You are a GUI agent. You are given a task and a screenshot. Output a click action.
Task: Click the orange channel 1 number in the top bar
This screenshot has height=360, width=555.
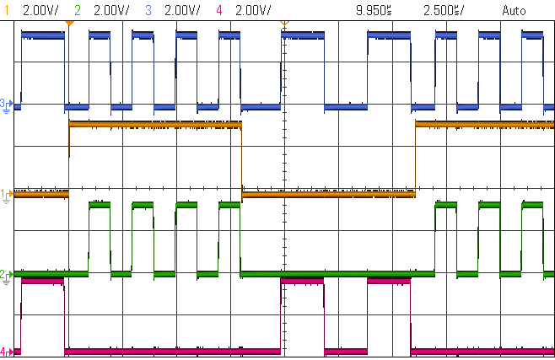pyautogui.click(x=7, y=10)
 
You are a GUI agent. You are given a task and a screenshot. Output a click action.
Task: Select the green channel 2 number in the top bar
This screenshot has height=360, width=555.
pyautogui.click(x=78, y=10)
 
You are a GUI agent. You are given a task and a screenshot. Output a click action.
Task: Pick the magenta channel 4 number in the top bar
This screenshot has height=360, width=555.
pyautogui.click(x=218, y=10)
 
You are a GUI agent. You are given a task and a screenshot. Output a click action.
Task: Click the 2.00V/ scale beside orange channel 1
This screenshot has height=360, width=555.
pyautogui.click(x=40, y=10)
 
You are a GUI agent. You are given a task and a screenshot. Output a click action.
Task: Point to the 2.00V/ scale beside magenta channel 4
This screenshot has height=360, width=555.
pyautogui.click(x=253, y=10)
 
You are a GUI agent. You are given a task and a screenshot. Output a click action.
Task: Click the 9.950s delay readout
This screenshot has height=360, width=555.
pyautogui.click(x=375, y=10)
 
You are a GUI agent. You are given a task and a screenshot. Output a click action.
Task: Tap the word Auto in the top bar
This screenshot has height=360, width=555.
pyautogui.click(x=513, y=10)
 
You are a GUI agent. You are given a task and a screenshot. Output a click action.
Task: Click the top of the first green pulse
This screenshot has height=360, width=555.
pyautogui.click(x=99, y=204)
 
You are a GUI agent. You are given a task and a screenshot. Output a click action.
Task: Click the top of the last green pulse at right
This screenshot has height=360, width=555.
pyautogui.click(x=532, y=204)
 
